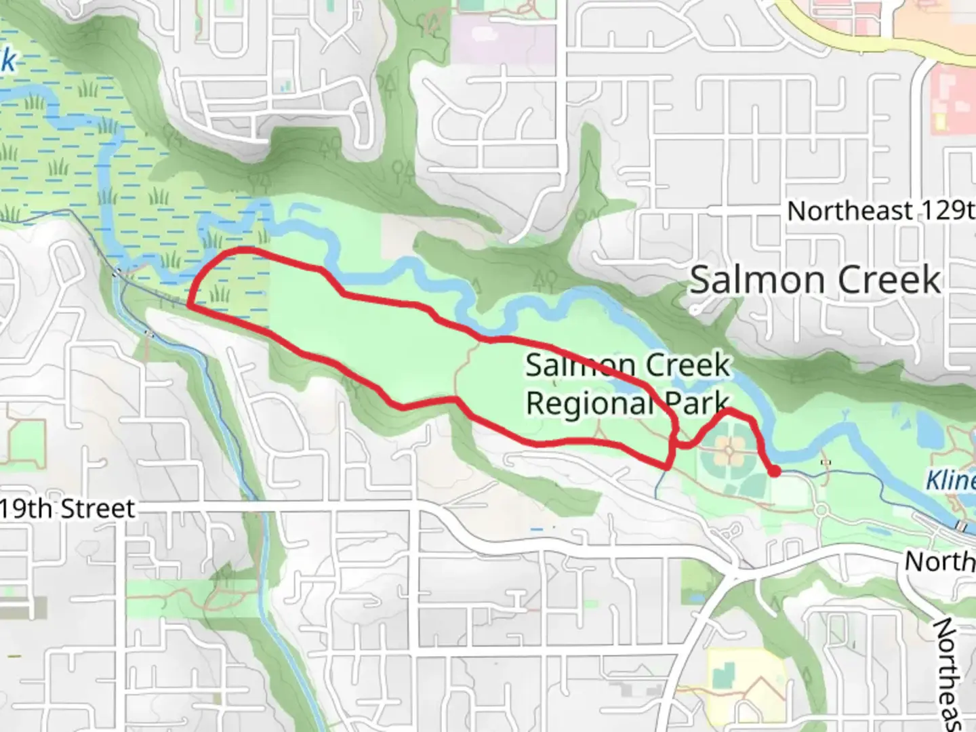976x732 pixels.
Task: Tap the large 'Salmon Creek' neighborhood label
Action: (815, 279)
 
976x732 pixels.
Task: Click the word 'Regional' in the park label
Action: (588, 404)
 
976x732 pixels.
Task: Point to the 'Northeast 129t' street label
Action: (880, 211)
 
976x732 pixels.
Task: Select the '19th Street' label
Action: (67, 508)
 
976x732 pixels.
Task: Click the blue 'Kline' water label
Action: (950, 481)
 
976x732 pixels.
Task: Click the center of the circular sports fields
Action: (730, 451)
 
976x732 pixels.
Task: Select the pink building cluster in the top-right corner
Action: (953, 102)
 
